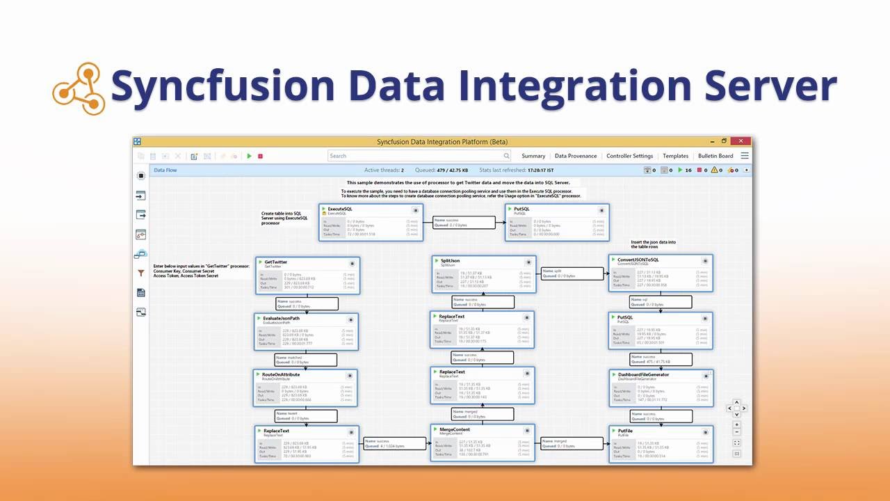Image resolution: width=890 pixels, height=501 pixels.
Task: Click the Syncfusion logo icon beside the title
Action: point(79,88)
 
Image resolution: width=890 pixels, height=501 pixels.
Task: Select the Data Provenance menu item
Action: point(576,156)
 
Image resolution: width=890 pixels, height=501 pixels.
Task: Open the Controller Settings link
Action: point(629,156)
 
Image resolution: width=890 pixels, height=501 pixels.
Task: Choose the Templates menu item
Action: point(675,156)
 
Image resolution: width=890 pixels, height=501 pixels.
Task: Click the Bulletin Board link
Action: point(715,156)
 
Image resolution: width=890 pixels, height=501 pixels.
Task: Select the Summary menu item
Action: point(533,156)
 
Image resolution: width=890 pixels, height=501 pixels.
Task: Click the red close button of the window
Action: point(741,141)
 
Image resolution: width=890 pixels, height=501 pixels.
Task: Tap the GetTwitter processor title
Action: point(277,262)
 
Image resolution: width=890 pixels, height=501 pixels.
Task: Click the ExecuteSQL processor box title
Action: point(340,209)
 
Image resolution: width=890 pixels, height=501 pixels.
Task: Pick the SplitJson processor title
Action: point(451,261)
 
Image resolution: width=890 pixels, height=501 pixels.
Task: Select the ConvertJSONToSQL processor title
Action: point(638,260)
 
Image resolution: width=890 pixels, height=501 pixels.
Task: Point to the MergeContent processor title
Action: point(455,429)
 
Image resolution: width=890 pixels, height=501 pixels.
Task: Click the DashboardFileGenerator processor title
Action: point(644,374)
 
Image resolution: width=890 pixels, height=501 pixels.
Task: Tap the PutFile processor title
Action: point(625,431)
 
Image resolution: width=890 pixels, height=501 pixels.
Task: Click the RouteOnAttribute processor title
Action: point(281,374)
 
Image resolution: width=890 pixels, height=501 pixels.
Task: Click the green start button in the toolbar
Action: point(250,157)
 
